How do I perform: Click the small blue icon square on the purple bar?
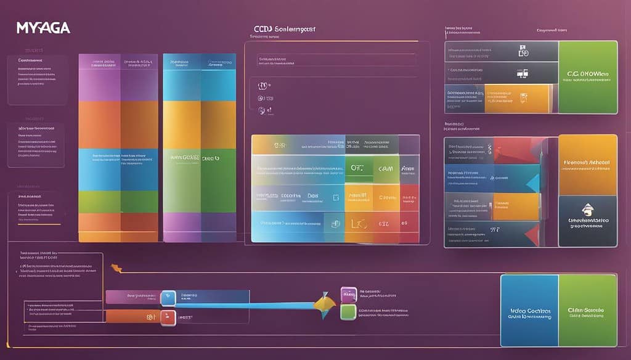pyautogui.click(x=168, y=298)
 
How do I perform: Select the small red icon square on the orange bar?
pyautogui.click(x=168, y=317)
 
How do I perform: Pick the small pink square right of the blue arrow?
pyautogui.click(x=348, y=293)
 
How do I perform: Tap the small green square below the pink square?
pyautogui.click(x=348, y=312)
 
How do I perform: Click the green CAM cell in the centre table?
pyautogui.click(x=386, y=168)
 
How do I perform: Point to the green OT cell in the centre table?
pyautogui.click(x=357, y=168)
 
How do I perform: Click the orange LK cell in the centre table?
pyautogui.click(x=357, y=224)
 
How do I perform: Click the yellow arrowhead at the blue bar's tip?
pyautogui.click(x=325, y=303)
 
